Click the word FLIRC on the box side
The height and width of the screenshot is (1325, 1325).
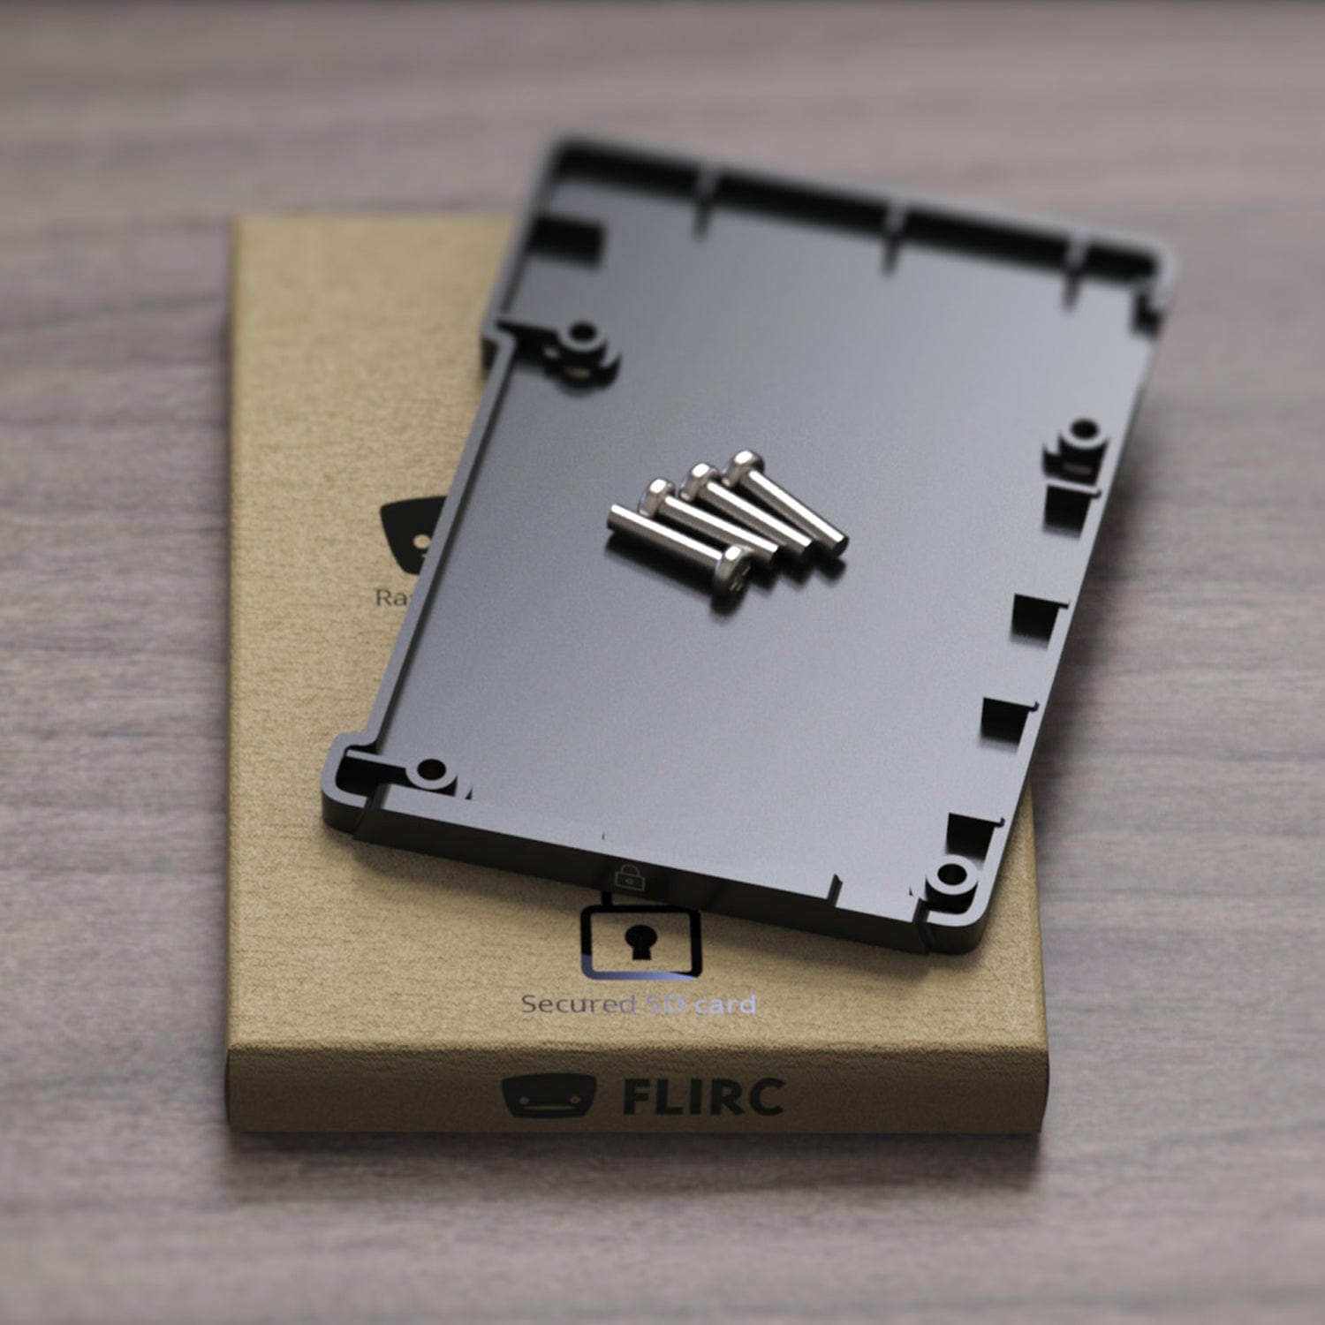point(703,1096)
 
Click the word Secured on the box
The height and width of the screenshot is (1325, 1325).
point(579,1004)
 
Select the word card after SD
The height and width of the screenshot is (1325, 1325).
point(724,1004)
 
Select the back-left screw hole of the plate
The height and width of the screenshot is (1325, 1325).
point(582,337)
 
